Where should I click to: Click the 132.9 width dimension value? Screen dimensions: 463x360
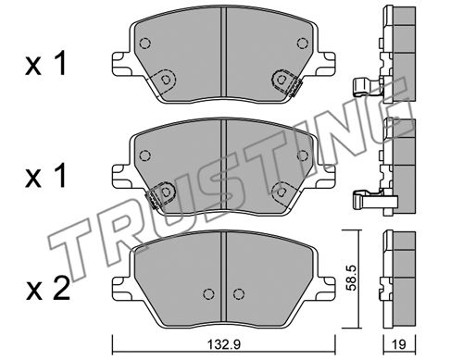coord(223,344)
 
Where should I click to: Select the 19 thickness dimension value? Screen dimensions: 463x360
coord(399,344)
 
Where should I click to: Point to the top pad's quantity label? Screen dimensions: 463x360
coord(45,64)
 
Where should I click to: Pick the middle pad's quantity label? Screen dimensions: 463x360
coord(45,176)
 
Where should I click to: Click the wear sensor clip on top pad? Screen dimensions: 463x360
coord(294,88)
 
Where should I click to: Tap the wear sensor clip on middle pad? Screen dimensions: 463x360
coord(152,199)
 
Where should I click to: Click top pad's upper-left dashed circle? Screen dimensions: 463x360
coord(144,43)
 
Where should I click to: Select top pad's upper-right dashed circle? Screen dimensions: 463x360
coord(303,43)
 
